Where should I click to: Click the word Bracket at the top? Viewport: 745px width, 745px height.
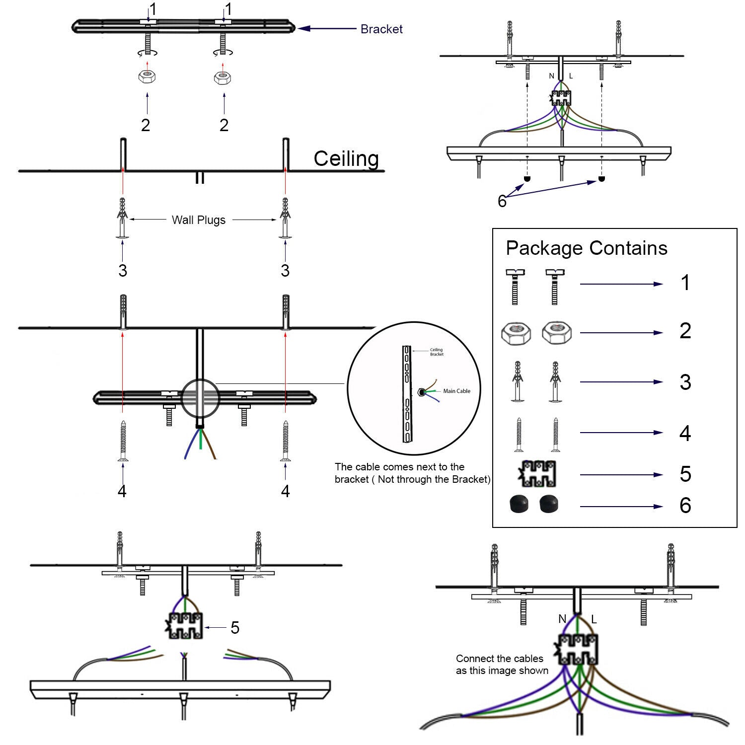(381, 29)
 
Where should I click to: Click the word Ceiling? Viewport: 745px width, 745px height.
(346, 159)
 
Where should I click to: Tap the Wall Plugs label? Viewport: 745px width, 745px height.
(198, 220)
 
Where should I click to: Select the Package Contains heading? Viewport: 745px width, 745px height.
(587, 248)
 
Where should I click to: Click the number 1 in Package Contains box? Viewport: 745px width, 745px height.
(685, 283)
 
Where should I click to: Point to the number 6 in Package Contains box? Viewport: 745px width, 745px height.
(685, 506)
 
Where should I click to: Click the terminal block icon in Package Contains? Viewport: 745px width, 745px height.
(537, 474)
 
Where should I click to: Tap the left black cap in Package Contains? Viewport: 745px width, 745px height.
(520, 504)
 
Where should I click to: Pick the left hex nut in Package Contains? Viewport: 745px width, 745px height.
(516, 333)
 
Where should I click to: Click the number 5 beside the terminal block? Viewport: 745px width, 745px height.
(235, 628)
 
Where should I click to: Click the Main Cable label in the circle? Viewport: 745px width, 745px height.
(456, 391)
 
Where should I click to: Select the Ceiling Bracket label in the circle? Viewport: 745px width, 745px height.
(437, 352)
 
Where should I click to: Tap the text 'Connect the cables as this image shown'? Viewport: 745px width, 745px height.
(502, 665)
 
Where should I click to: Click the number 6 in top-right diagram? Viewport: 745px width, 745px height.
(502, 201)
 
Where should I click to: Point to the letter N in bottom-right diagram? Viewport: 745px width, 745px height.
(562, 619)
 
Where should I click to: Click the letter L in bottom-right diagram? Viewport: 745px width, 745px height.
(594, 619)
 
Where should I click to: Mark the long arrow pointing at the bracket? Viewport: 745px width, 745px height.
(327, 29)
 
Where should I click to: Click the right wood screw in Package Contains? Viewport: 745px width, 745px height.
(556, 435)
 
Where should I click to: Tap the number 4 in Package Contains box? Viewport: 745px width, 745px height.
(685, 434)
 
